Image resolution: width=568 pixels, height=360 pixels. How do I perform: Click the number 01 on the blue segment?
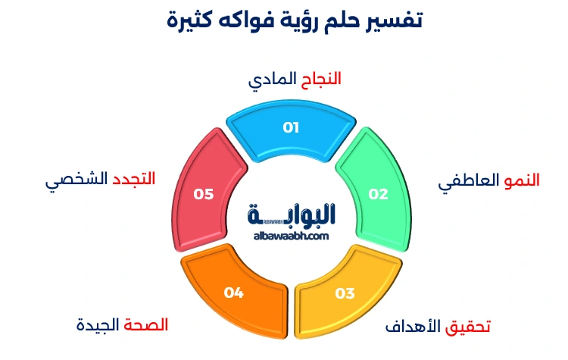pos(291,127)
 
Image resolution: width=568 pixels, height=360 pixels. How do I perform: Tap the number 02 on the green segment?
pos(378,193)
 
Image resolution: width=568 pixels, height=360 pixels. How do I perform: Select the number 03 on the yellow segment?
pos(345,293)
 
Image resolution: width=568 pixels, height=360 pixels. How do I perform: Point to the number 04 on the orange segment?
pos(234,292)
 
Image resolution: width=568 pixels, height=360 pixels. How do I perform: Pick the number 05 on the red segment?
pos(204,193)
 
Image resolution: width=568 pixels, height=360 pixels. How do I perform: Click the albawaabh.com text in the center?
pos(291,236)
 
